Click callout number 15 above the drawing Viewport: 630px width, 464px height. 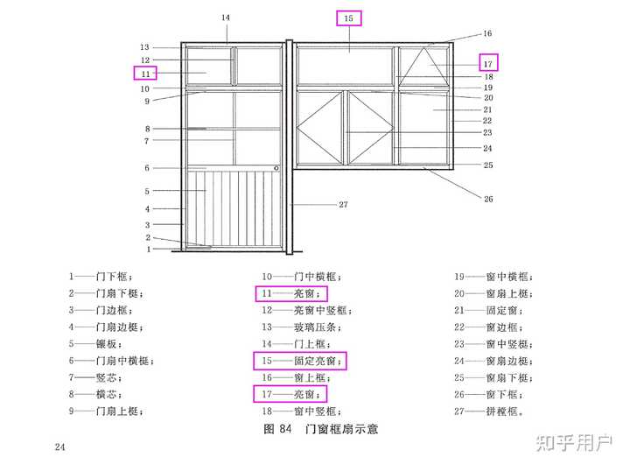point(348,18)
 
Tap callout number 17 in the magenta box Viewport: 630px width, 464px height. point(487,64)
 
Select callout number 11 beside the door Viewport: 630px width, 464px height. point(145,74)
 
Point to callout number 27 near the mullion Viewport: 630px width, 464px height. point(343,205)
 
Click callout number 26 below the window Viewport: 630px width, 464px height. point(488,199)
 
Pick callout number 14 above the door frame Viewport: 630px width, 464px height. point(226,18)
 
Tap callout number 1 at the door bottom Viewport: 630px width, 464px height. point(149,250)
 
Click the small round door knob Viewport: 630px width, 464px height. point(276,168)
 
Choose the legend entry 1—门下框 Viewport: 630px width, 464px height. point(101,277)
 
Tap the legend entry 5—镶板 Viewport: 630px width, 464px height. point(95,344)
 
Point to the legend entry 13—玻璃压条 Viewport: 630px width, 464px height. point(302,327)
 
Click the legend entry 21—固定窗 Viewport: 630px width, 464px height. point(488,311)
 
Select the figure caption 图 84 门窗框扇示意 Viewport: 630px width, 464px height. point(320,429)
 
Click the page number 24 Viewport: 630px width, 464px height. point(59,446)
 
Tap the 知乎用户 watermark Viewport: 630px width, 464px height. point(575,442)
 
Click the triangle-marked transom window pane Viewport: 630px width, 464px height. point(423,67)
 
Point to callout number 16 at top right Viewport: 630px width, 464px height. point(487,33)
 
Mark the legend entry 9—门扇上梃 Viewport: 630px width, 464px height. point(106,411)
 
